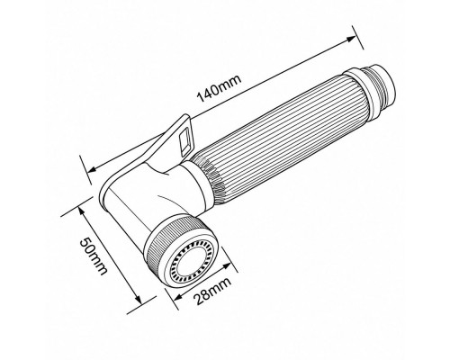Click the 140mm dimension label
(x=219, y=89)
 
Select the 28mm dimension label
(x=212, y=291)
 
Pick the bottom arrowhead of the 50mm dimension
(x=137, y=300)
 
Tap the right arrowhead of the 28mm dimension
(x=229, y=265)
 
